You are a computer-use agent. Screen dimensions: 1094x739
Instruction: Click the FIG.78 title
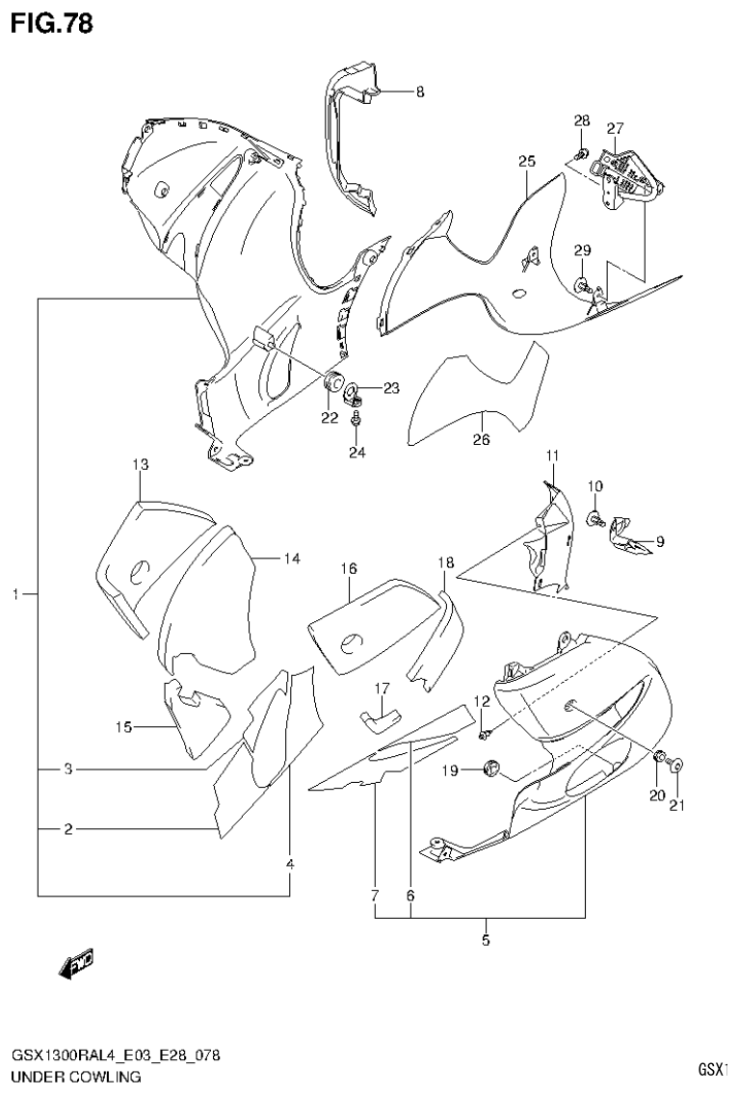coord(52,23)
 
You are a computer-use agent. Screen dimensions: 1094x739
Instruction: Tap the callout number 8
coord(420,92)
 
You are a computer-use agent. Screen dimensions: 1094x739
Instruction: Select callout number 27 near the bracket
coord(616,129)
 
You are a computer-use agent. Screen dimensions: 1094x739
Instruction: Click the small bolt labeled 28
coord(582,154)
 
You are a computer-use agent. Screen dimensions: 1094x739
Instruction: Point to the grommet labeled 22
coord(336,382)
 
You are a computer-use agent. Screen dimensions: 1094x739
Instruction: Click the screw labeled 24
coord(356,420)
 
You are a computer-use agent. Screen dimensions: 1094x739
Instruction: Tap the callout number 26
coord(481,440)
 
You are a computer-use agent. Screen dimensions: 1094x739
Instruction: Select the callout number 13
coord(141,465)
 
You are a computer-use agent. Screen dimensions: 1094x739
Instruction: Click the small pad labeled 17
coord(381,715)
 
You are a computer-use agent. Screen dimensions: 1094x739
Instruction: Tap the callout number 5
coord(486,940)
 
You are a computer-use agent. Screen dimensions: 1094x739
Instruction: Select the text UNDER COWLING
coord(76,1077)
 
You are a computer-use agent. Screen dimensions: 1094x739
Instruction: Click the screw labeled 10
coord(596,520)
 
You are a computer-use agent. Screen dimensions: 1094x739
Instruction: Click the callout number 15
coord(123,727)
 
